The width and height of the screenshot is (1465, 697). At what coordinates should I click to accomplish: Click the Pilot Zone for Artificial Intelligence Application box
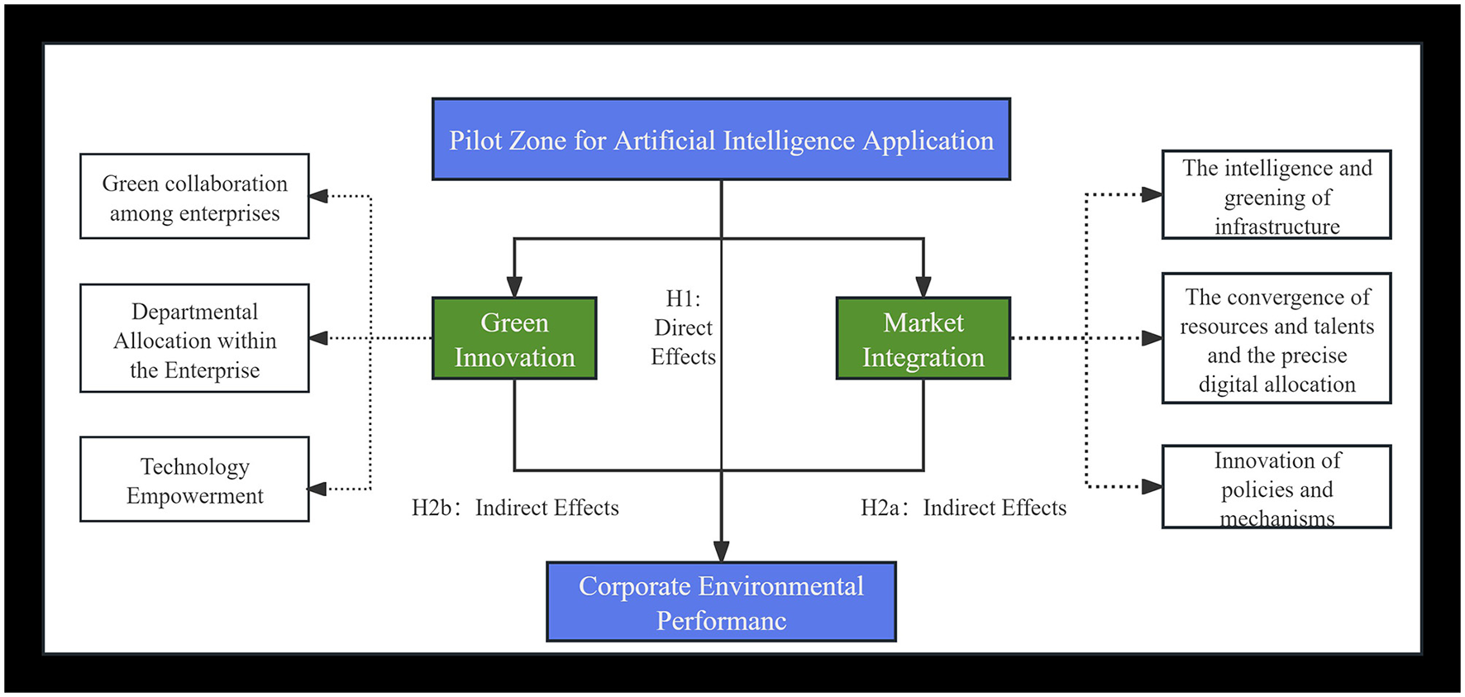click(x=721, y=139)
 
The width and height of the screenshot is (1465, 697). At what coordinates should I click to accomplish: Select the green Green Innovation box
click(x=514, y=339)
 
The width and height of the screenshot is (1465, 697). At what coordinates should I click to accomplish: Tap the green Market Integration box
click(x=923, y=339)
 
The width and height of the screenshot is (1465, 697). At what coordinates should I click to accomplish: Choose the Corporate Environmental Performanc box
click(x=721, y=602)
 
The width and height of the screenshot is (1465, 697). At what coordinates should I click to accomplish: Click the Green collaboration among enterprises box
click(x=194, y=197)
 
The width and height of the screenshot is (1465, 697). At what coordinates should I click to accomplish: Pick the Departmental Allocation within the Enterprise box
click(x=194, y=339)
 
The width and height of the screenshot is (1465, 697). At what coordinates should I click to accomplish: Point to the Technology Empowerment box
click(x=194, y=480)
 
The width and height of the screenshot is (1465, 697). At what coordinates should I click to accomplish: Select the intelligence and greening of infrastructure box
click(x=1277, y=196)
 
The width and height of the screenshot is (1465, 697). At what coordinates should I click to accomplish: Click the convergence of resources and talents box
click(x=1277, y=339)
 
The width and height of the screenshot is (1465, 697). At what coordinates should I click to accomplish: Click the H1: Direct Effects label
click(x=683, y=327)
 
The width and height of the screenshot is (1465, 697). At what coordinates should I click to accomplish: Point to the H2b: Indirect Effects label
click(x=515, y=508)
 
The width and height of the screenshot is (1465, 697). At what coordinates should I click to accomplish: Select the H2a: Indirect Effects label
click(x=963, y=508)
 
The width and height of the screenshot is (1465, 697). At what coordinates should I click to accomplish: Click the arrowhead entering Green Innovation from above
click(x=514, y=287)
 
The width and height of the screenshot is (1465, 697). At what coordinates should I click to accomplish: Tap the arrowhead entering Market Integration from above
click(x=923, y=287)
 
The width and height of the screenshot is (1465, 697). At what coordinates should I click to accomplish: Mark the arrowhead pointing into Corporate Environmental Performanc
click(x=721, y=551)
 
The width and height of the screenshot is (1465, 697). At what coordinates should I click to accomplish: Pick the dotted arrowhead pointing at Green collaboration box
click(x=319, y=196)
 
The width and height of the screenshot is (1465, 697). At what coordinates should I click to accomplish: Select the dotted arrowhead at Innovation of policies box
click(x=1152, y=487)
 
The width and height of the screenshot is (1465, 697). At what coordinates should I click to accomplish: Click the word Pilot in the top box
click(x=475, y=141)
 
